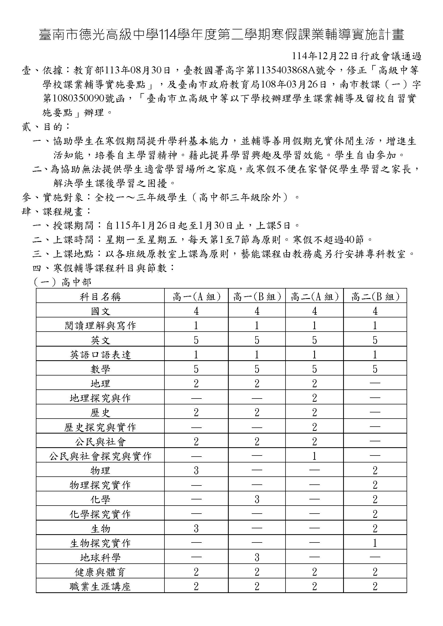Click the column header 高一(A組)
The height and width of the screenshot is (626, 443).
coord(196,297)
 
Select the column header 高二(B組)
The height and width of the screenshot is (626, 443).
coord(375,297)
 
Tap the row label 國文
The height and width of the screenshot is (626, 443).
coord(100,311)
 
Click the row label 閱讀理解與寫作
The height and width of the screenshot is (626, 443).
coord(100,326)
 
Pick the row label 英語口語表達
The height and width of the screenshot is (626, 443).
coord(100,355)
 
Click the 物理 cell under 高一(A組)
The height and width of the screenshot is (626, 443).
coord(196,471)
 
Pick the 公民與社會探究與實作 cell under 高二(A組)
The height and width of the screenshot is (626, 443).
coord(314,456)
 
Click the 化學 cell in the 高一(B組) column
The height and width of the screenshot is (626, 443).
coord(257,499)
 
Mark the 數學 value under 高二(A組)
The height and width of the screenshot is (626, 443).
coord(314,369)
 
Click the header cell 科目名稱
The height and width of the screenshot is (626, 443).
coord(100,297)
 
